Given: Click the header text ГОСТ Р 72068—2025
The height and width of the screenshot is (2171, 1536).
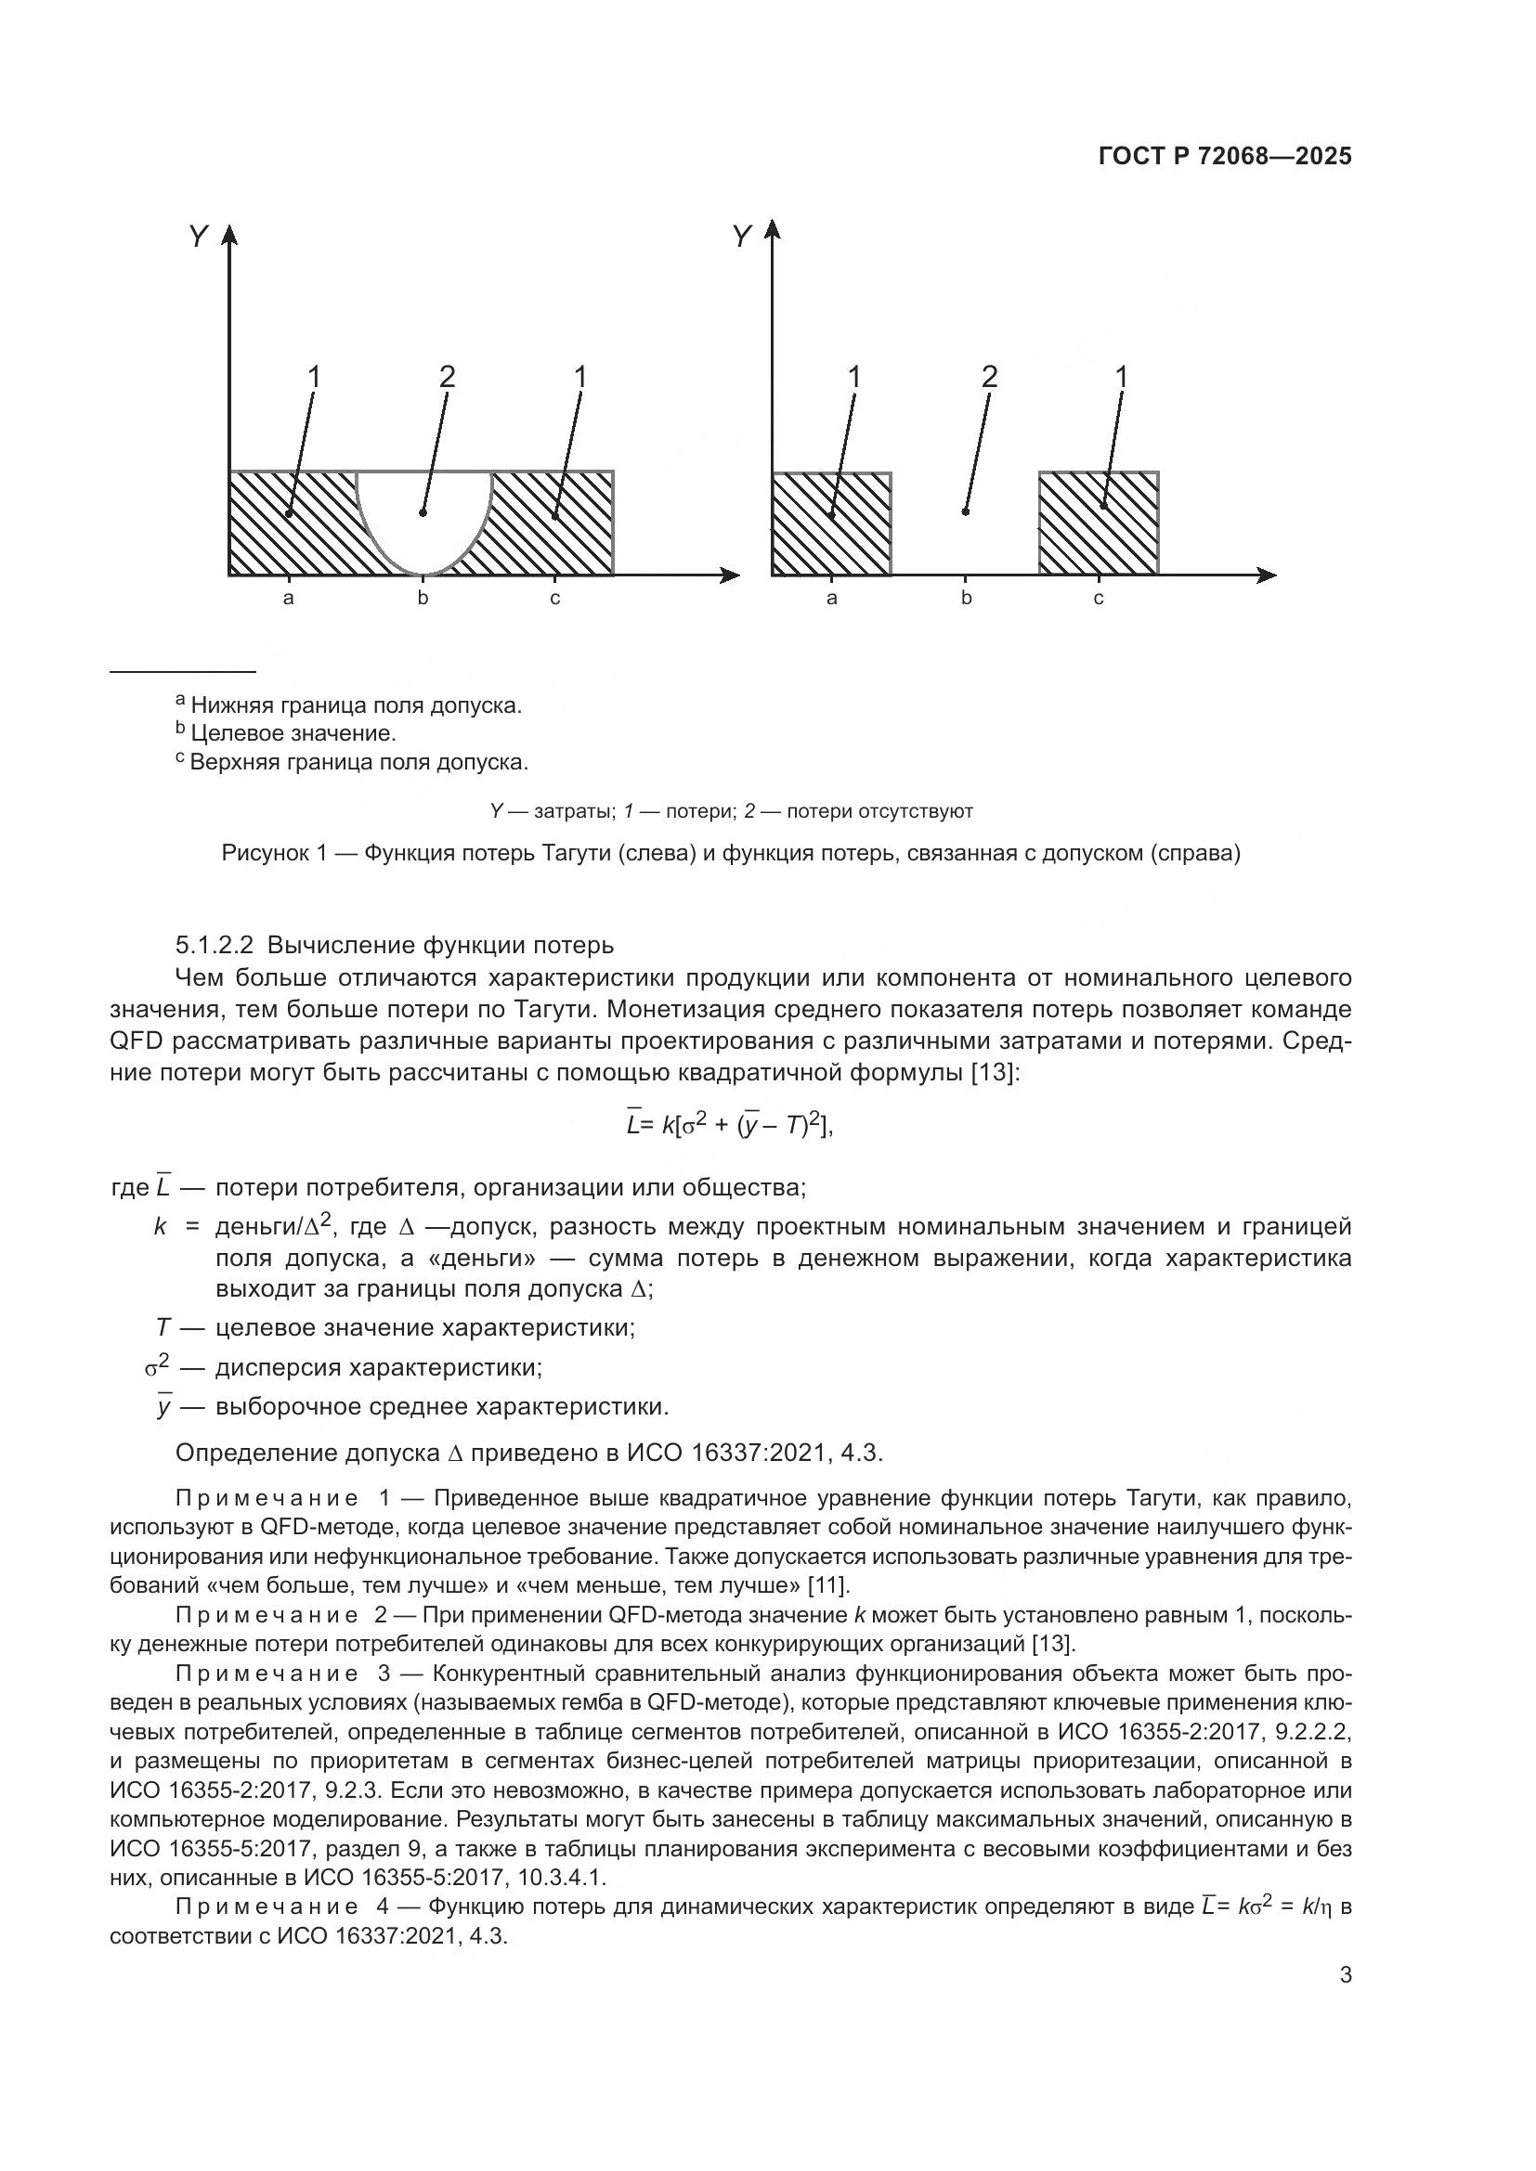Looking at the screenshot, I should point(1225,157).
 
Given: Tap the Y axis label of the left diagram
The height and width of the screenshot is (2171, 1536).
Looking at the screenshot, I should point(198,237).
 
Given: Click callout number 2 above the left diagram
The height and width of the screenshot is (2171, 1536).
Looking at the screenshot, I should point(448,377).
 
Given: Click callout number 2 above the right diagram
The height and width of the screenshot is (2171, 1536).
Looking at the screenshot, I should point(989,377).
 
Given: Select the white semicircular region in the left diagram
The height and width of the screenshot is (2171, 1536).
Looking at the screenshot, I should point(423,515).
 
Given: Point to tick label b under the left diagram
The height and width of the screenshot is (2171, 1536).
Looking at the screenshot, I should point(423,599).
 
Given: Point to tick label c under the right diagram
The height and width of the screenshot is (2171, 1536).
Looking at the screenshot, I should point(1098,599).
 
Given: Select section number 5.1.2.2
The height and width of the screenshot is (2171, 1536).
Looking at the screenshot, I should point(214,946).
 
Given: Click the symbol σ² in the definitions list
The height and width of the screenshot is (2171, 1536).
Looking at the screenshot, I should point(157,1367).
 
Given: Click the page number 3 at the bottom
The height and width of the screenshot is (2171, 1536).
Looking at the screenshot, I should point(1345,1975).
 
